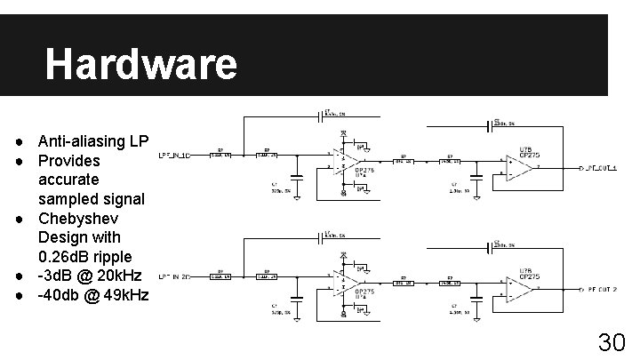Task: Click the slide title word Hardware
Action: (140, 64)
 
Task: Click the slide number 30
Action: (612, 342)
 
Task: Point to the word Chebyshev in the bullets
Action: (78, 219)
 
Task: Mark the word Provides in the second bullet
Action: (68, 161)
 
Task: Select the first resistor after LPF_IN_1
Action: (220, 155)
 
